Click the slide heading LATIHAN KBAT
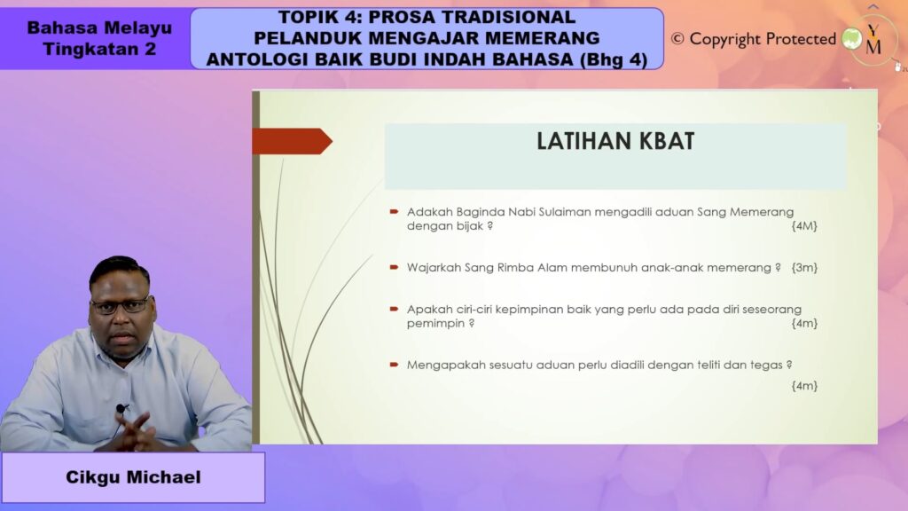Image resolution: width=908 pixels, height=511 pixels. pos(614,141)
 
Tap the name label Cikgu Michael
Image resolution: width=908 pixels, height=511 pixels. pos(133,477)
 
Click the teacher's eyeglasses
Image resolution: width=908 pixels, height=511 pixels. pos(121,306)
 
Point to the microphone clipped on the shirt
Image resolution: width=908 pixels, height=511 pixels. pos(121,409)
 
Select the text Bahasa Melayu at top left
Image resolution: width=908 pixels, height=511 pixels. pos(99,28)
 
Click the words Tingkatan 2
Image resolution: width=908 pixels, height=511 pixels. pos(99,49)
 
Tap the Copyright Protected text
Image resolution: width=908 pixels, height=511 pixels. pos(763,39)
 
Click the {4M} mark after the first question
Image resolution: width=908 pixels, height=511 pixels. pos(803,226)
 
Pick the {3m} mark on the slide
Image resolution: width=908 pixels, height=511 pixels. pos(804,267)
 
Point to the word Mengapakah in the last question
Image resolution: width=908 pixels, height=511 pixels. pos(443,365)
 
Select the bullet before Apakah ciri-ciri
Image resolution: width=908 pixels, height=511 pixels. pos(394,308)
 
